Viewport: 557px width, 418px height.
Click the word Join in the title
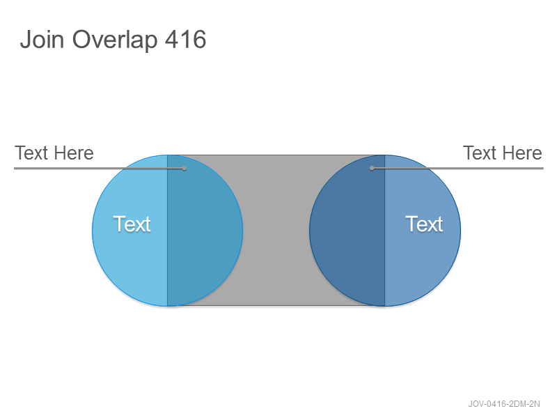coord(42,39)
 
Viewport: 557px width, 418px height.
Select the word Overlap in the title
coord(115,40)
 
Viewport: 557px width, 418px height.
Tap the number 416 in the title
coord(185,39)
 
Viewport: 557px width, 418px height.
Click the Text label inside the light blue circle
coord(132,224)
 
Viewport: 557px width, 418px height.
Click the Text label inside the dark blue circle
coord(424,224)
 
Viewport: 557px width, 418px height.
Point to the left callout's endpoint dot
coord(184,168)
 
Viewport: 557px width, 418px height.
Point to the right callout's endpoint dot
coord(372,168)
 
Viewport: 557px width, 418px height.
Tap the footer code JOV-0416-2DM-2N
coord(504,404)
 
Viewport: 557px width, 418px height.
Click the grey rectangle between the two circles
coord(276,231)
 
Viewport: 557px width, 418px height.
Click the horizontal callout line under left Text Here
coord(99,168)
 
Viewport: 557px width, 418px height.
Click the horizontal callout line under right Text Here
coord(457,168)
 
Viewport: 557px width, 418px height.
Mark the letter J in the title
coord(26,40)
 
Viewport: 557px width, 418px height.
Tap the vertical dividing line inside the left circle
coord(167,231)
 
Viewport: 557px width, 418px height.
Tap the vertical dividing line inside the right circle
coord(385,231)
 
